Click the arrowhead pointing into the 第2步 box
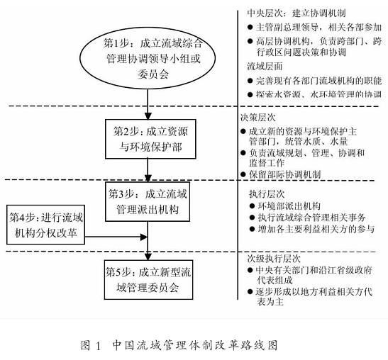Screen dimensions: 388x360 148,116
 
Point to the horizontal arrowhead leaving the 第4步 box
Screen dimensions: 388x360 144,237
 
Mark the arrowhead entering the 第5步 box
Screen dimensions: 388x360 148,257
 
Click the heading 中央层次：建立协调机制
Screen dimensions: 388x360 296,13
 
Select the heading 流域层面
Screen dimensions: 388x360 265,67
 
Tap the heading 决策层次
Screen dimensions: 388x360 258,118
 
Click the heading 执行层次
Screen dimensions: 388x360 267,194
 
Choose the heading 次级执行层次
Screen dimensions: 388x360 274,259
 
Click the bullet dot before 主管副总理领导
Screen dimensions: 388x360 250,27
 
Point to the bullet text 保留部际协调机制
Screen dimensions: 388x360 284,174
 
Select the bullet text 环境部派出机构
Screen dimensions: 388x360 289,206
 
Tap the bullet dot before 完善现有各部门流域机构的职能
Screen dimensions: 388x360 250,81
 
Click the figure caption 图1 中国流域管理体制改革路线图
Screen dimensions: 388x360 179,345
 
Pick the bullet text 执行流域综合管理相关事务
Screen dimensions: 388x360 311,218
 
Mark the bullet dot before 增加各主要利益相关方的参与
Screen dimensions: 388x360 252,229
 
